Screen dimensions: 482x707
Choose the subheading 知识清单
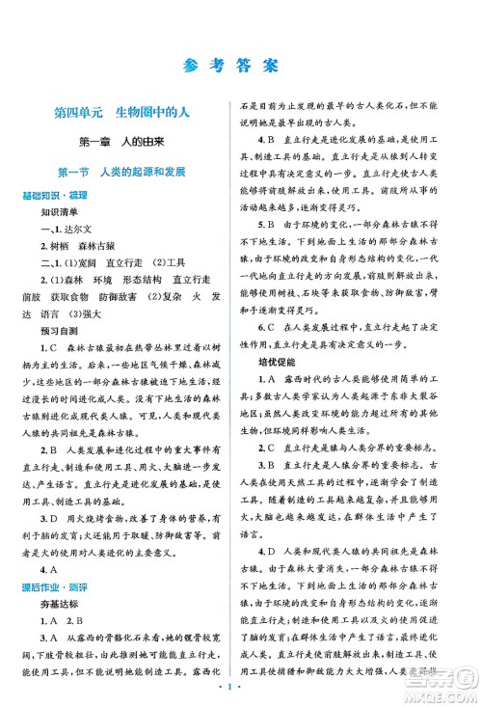[x=62, y=208]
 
